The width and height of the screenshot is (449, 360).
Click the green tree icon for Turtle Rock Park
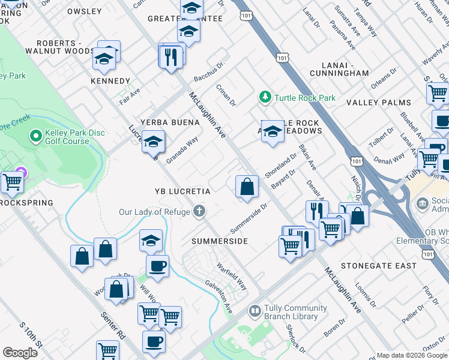(x=265, y=97)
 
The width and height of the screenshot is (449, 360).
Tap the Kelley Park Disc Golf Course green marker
(x=35, y=137)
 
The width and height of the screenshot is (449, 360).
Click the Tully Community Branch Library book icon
(x=255, y=311)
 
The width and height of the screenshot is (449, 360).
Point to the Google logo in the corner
(x=19, y=352)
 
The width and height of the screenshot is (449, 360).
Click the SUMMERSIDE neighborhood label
(x=220, y=241)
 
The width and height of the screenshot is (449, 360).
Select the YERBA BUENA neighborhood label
(x=169, y=122)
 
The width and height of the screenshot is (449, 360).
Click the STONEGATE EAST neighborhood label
(x=378, y=265)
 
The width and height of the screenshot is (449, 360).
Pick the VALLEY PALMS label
(x=379, y=103)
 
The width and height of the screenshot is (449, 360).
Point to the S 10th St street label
(x=31, y=336)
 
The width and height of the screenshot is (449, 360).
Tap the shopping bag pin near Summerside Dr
(x=247, y=187)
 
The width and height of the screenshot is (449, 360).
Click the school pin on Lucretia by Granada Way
(x=153, y=142)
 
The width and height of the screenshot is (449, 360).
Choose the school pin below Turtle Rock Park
(x=273, y=132)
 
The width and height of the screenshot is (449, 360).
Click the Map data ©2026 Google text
(x=411, y=355)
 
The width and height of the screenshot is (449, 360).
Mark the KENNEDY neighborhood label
(x=110, y=81)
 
